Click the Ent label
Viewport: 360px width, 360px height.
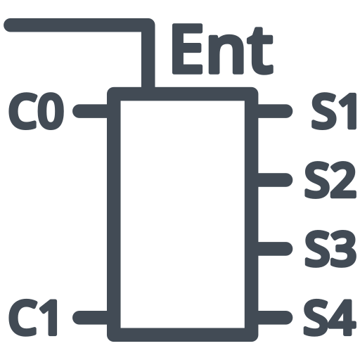pyautogui.click(x=223, y=49)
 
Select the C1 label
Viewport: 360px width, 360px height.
pyautogui.click(x=33, y=317)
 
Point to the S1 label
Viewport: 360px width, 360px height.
pyautogui.click(x=334, y=111)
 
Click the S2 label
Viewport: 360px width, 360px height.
pyautogui.click(x=330, y=179)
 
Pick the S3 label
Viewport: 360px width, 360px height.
pyautogui.click(x=330, y=248)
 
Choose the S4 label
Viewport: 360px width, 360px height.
pyautogui.click(x=330, y=317)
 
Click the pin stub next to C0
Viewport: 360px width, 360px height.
pyautogui.click(x=90, y=111)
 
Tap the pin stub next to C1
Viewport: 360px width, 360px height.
pyautogui.click(x=90, y=318)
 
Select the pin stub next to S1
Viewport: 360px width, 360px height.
pyautogui.click(x=275, y=111)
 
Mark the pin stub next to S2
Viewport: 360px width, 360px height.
pyautogui.click(x=275, y=180)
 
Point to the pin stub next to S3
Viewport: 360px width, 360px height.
pyautogui.click(x=275, y=249)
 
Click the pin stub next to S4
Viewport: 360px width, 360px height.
pyautogui.click(x=275, y=318)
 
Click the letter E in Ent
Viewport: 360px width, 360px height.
pyautogui.click(x=187, y=49)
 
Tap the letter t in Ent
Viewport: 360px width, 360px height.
pyautogui.click(x=260, y=51)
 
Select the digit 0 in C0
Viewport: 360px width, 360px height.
pyautogui.click(x=52, y=111)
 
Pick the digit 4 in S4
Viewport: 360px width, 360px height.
pyautogui.click(x=342, y=317)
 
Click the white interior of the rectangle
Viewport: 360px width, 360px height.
pyautogui.click(x=183, y=214)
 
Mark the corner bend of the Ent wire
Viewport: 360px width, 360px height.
pyautogui.click(x=148, y=25)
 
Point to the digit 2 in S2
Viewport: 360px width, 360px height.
pyautogui.click(x=342, y=179)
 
